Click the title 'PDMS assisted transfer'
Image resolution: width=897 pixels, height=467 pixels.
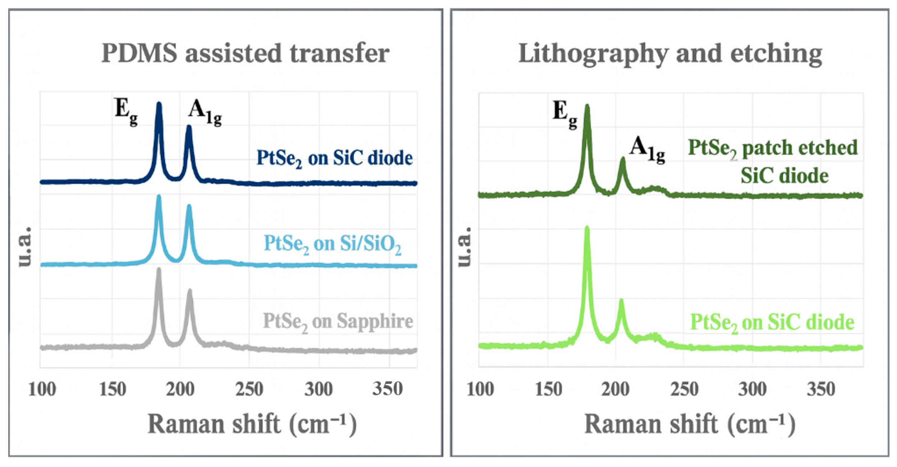[245, 53]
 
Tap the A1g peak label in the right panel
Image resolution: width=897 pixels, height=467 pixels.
[647, 150]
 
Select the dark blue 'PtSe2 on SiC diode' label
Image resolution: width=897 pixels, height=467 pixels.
[334, 158]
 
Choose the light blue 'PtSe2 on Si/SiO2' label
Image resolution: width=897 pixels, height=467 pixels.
[332, 244]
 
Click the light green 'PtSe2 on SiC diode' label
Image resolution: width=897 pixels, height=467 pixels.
[772, 322]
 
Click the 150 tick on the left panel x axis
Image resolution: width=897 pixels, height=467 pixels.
[113, 389]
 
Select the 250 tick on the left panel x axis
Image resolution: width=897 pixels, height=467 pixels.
[249, 389]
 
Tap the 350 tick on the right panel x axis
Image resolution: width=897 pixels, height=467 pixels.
[821, 389]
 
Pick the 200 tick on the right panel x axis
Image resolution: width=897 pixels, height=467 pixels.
[615, 389]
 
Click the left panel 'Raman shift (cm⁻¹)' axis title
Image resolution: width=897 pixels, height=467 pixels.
[252, 424]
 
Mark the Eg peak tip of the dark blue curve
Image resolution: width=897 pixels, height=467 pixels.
[159, 104]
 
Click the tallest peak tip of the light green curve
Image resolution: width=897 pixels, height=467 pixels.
[587, 228]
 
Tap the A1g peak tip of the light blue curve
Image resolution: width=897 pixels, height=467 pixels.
[189, 206]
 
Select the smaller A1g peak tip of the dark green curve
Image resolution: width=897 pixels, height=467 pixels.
[622, 159]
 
